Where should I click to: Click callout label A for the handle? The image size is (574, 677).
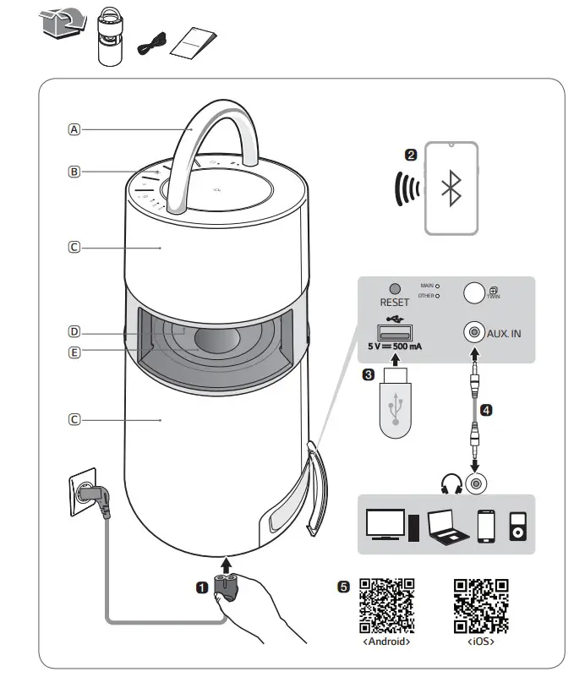click(x=74, y=130)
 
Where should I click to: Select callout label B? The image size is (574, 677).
click(x=74, y=172)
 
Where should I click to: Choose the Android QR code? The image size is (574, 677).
click(x=386, y=607)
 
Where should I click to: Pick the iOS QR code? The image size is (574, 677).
click(x=480, y=607)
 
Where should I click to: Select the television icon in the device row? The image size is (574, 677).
click(x=385, y=524)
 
